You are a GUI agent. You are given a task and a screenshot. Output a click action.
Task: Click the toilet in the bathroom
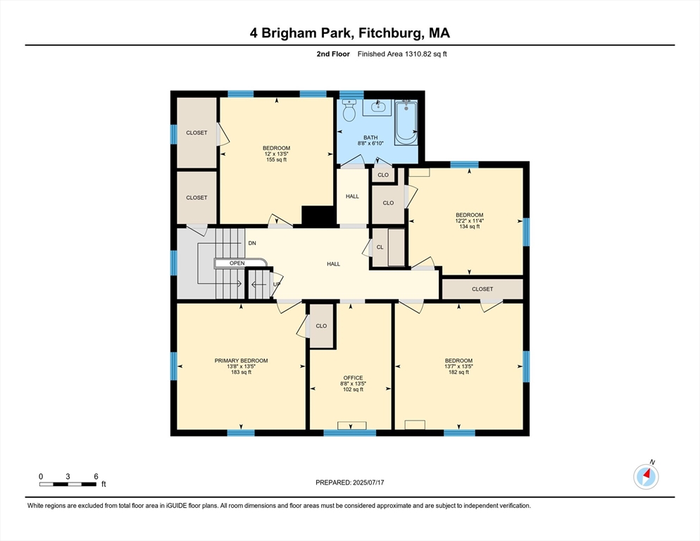349,110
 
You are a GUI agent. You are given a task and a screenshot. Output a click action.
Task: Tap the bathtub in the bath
406,123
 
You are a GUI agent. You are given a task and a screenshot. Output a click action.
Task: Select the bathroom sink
377,107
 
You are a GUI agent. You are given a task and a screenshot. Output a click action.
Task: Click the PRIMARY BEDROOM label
241,361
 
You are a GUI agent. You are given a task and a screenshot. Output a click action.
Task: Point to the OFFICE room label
353,378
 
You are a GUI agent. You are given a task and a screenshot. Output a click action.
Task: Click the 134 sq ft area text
470,227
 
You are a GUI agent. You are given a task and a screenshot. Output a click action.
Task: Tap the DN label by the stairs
252,243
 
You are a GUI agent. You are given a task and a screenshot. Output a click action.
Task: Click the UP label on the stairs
277,284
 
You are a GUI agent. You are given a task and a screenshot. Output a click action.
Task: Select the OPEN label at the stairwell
237,263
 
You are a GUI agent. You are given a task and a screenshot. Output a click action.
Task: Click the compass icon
646,477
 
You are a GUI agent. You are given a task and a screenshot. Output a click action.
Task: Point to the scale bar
68,484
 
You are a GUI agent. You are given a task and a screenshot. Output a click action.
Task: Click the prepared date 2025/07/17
368,483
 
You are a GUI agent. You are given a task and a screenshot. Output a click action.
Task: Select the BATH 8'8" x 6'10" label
370,140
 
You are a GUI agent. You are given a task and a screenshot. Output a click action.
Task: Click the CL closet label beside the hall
380,247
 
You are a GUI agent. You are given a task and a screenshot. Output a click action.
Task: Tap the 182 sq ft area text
458,372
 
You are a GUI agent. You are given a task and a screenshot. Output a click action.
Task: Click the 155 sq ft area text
276,159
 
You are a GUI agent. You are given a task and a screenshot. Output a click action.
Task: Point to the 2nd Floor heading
333,54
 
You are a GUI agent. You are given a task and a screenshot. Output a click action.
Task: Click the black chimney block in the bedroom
318,216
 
